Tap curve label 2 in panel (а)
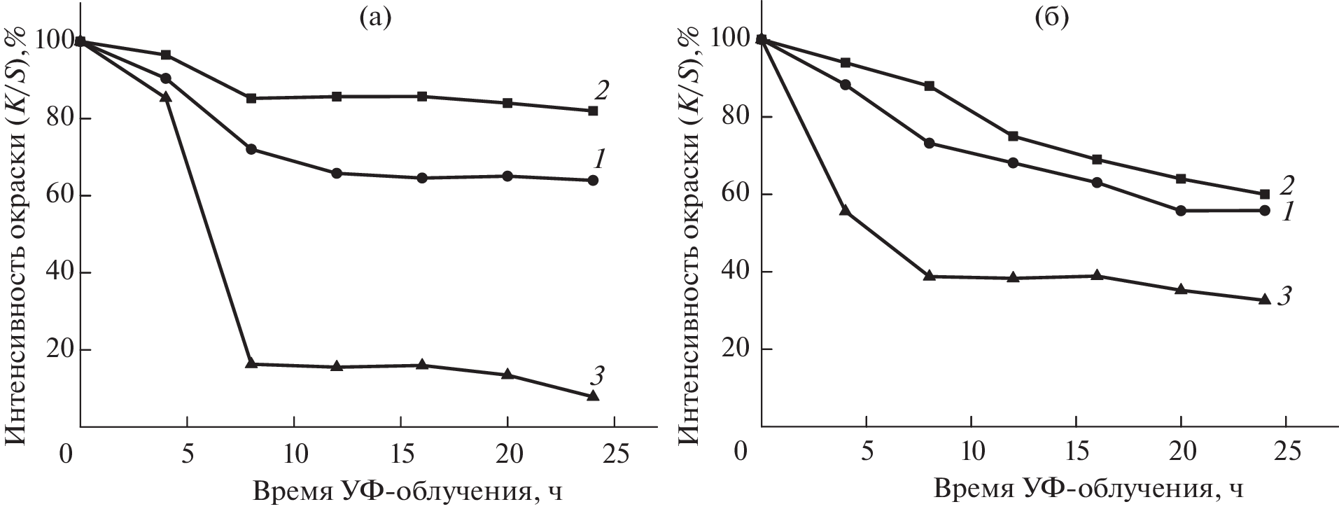coord(602,90)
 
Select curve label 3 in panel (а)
coord(596,376)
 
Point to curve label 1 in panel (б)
coord(1286,213)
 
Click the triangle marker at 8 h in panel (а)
coord(251,363)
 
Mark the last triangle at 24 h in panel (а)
coord(593,396)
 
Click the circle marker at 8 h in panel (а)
coord(251,149)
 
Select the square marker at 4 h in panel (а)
coord(166,55)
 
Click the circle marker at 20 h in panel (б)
coord(1181,210)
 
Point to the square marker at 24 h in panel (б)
coord(1264,194)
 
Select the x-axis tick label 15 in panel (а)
coord(400,454)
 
